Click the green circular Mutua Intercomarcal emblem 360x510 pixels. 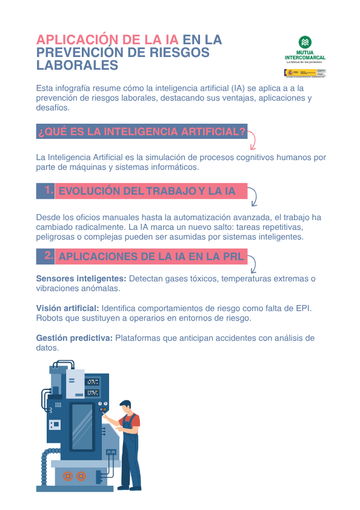coord(306,42)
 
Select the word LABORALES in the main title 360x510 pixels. coord(76,65)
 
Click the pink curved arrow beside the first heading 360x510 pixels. coord(252,139)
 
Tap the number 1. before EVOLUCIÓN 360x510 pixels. coord(49,190)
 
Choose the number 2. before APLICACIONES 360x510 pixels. coord(49,256)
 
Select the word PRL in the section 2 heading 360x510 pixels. coord(233,257)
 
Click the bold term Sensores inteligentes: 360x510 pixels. coord(81,278)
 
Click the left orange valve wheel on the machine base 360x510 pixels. coord(67,476)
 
